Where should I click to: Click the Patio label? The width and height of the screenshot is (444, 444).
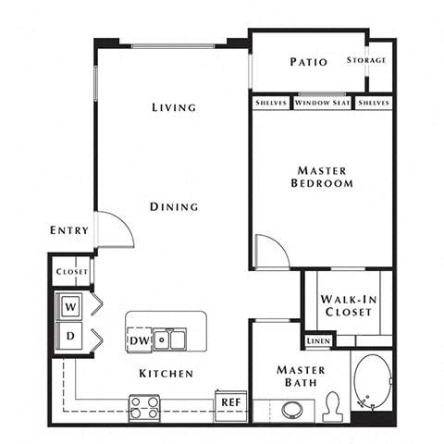click(308, 63)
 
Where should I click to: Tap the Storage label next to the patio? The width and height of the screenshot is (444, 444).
click(366, 61)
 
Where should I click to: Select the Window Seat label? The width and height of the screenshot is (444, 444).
click(323, 103)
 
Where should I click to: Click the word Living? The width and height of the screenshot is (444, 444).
click(174, 107)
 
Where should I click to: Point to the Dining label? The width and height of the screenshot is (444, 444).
click(174, 206)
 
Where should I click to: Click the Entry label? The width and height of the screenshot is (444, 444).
click(70, 230)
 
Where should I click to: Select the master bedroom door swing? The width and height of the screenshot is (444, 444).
click(270, 251)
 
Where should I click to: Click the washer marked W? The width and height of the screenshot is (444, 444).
click(70, 304)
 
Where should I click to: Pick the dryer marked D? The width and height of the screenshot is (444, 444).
click(70, 334)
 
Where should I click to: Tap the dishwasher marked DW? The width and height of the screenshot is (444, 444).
click(140, 339)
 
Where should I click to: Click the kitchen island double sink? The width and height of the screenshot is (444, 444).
click(170, 339)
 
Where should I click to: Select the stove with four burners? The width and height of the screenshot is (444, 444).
click(143, 406)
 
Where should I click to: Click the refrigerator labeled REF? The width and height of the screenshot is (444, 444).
click(230, 401)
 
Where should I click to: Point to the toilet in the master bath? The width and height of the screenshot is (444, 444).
click(334, 405)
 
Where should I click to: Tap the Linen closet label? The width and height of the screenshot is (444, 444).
click(319, 339)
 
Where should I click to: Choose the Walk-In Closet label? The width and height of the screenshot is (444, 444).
click(348, 306)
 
